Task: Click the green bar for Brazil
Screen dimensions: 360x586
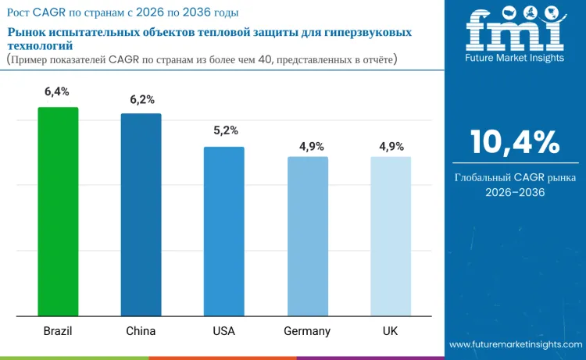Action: pos(58,212)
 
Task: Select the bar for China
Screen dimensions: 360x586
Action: pos(141,215)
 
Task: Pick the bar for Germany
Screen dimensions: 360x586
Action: pos(307,237)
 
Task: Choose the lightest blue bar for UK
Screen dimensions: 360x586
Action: pos(391,237)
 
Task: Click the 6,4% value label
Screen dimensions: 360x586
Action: pos(58,92)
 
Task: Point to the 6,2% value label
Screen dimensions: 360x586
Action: pos(141,99)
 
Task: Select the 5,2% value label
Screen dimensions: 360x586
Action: pos(225,130)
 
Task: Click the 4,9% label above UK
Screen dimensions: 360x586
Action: pos(391,146)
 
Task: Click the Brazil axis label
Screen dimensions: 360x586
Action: pos(58,331)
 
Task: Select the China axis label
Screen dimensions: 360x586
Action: pos(141,331)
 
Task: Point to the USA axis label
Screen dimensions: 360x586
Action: pos(224,331)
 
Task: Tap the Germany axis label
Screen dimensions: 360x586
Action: pos(307,331)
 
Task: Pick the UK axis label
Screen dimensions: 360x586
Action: pos(391,331)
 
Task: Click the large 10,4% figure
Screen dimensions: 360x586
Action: pos(514,142)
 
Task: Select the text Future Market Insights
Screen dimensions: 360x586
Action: pos(514,59)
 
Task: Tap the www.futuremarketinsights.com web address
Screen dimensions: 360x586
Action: pos(515,344)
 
